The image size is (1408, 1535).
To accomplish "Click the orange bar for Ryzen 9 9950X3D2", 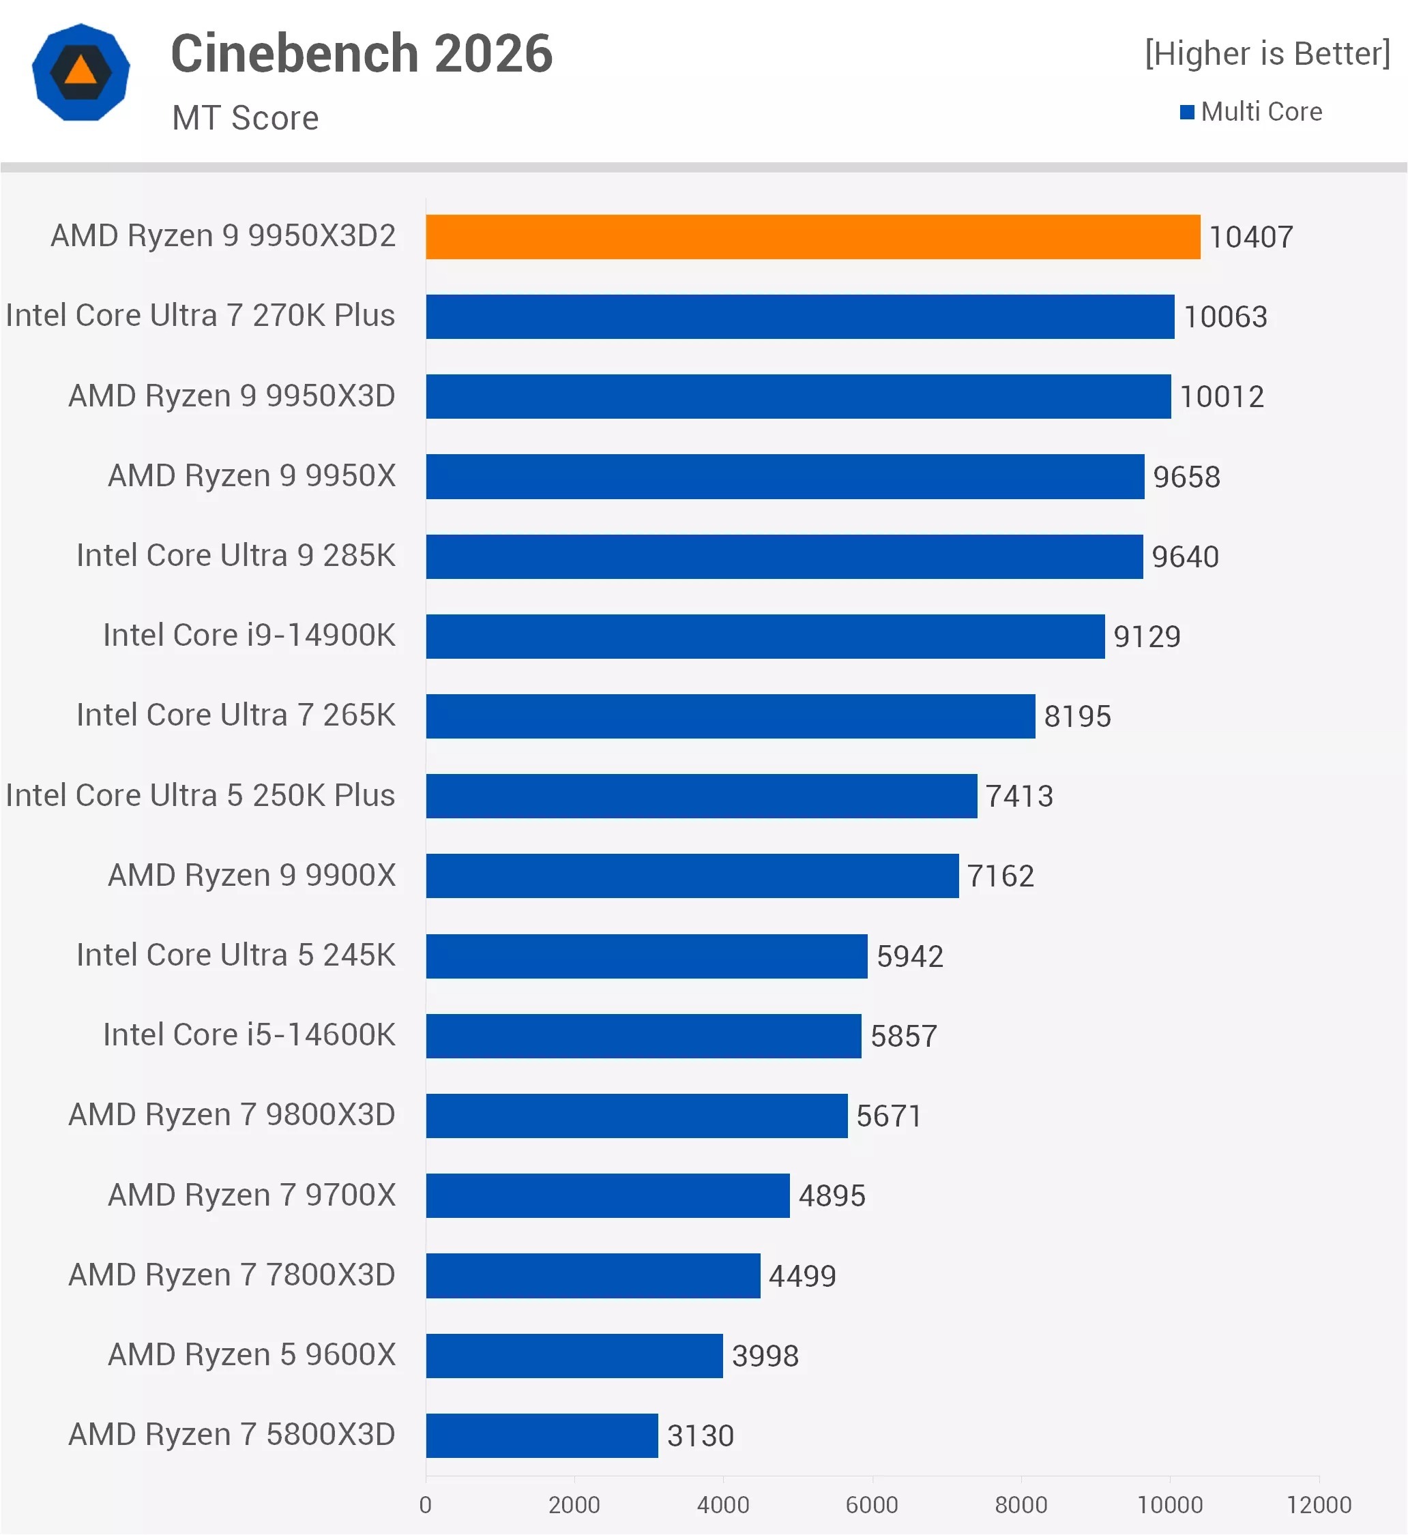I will (812, 237).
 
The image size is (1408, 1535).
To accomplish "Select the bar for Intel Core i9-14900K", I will (765, 636).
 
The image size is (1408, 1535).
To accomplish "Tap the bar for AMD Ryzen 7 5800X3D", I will (542, 1435).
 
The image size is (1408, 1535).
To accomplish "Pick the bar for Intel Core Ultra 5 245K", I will (646, 956).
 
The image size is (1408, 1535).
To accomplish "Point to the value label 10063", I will (1225, 317).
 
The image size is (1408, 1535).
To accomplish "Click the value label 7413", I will (1018, 796).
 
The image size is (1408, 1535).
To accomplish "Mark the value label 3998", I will (765, 1356).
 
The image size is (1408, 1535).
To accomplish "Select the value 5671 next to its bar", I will (888, 1116).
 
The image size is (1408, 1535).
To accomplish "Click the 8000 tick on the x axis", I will (1021, 1504).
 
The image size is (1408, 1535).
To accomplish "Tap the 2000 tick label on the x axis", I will (574, 1504).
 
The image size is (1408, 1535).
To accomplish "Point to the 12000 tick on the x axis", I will (1319, 1504).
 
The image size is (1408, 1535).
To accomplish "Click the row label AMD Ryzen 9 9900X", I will (252, 876).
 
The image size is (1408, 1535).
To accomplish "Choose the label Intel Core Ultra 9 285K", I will (235, 555).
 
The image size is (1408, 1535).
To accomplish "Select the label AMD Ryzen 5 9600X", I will (252, 1354).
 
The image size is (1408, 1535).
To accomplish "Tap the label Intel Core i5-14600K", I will (249, 1034).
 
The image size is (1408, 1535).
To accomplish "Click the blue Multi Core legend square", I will (1186, 113).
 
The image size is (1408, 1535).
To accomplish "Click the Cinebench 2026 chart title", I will (361, 53).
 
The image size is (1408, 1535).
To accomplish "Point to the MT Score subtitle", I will (246, 118).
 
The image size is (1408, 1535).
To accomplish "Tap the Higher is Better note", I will (1267, 53).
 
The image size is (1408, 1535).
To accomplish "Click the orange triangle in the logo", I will (80, 72).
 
